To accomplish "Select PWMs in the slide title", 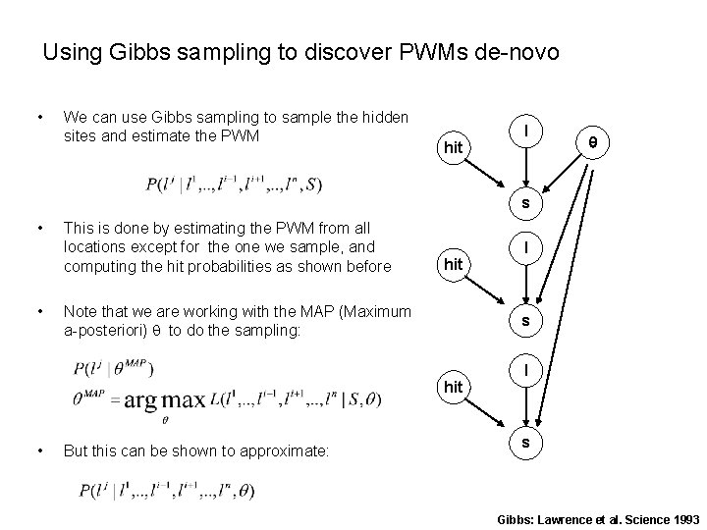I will [421, 52].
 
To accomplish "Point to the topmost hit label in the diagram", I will [453, 147].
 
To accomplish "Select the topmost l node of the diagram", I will [528, 131].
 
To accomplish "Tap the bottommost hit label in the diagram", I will [453, 387].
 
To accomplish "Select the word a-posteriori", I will [101, 331].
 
